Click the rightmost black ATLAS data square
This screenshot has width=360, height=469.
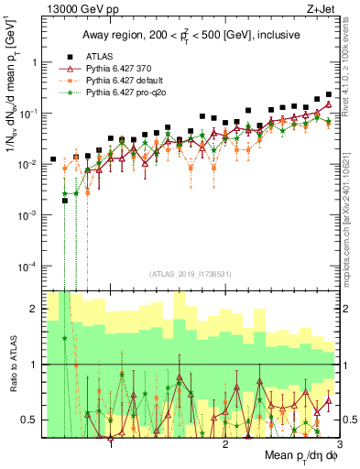click(x=328, y=94)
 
